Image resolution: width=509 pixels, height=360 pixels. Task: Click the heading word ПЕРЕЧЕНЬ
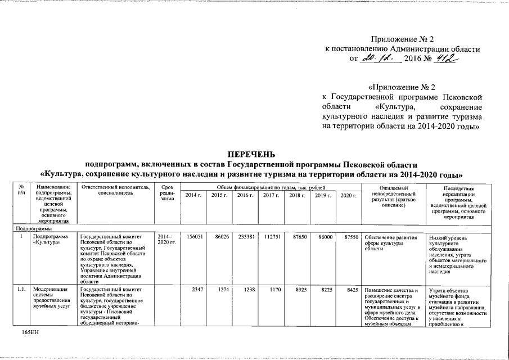pyautogui.click(x=251, y=154)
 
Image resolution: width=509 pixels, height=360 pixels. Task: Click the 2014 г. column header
pyautogui.click(x=192, y=195)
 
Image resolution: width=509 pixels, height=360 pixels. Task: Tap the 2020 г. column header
pyautogui.click(x=349, y=195)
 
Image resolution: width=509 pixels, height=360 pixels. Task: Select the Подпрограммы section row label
pyautogui.click(x=34, y=229)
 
